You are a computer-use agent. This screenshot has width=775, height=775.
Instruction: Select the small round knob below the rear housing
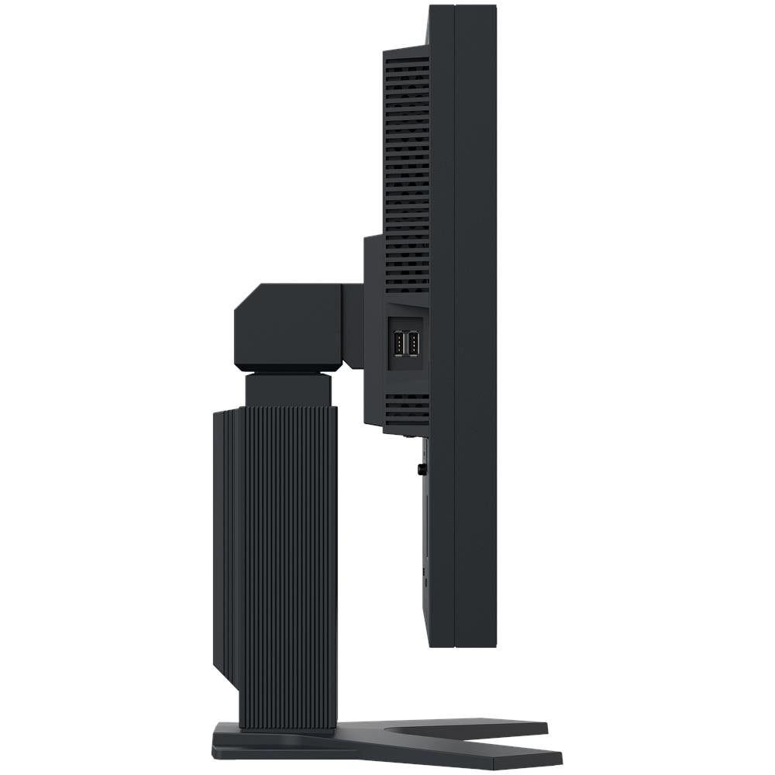[421, 469]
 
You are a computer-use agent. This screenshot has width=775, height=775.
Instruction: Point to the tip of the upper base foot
[542, 727]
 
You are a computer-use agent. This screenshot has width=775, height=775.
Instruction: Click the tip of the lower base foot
[558, 756]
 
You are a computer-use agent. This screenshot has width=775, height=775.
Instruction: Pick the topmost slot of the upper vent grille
[408, 59]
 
